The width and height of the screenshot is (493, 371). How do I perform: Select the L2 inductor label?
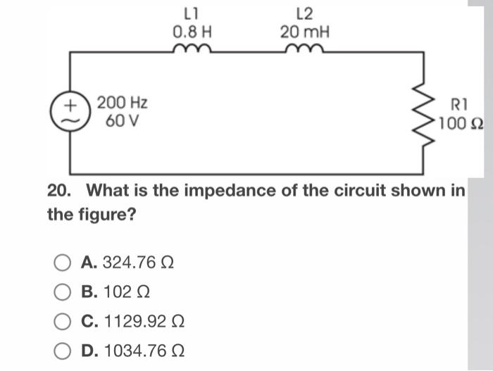(x=305, y=12)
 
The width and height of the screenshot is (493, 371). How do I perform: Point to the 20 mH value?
(x=305, y=32)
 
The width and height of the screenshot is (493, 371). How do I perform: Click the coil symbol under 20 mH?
(x=304, y=49)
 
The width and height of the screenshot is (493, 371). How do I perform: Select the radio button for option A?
(x=63, y=263)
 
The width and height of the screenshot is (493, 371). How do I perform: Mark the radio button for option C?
(x=63, y=322)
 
